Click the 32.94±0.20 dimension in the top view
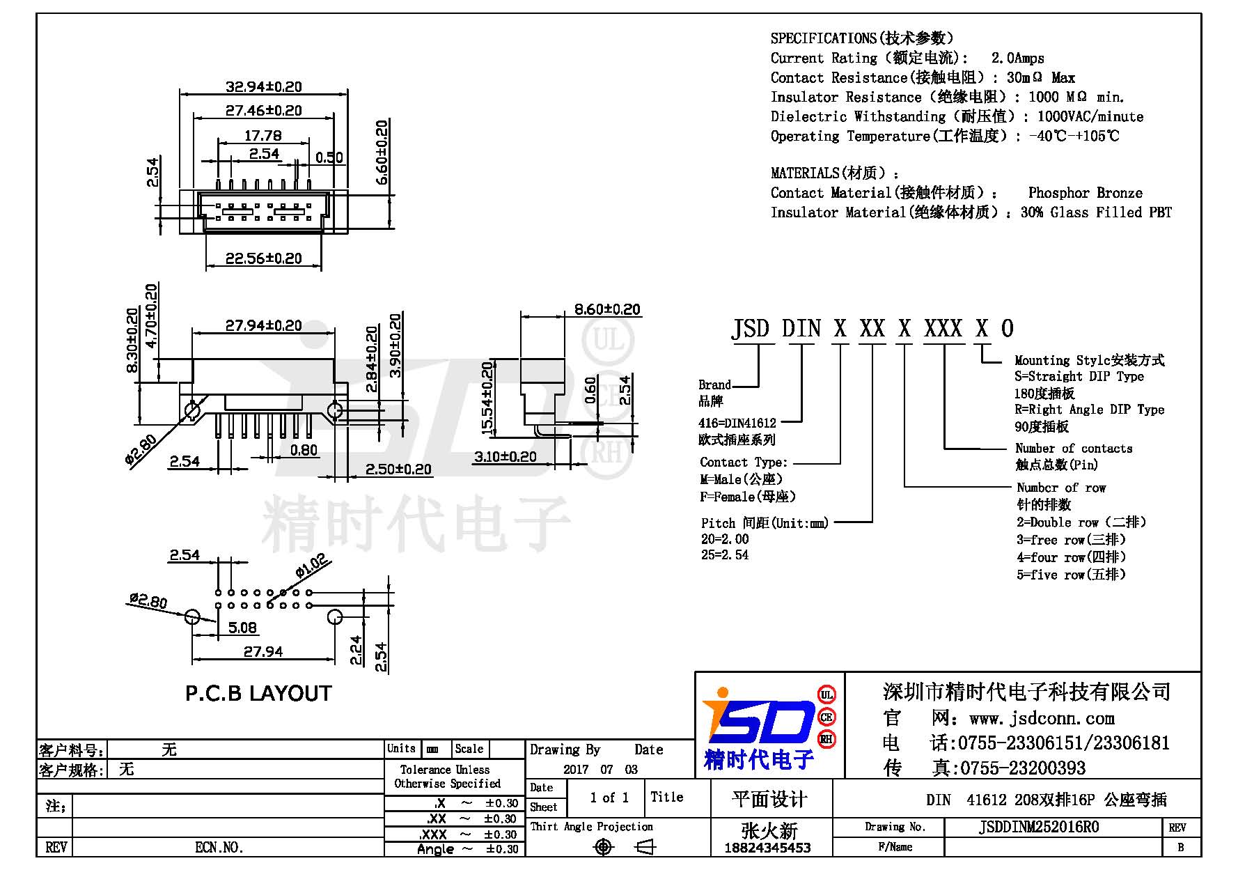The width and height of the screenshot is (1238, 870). point(263,86)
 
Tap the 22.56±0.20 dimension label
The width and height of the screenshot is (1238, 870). point(263,258)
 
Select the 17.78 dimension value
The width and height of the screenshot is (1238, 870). point(263,136)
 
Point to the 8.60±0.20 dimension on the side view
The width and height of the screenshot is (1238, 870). point(606,309)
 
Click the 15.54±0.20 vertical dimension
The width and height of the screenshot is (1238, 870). point(487,397)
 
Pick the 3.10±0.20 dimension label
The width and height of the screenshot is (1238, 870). point(506,457)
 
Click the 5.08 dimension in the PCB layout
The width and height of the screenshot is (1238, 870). point(242,628)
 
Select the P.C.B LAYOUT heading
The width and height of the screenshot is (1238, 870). point(258,693)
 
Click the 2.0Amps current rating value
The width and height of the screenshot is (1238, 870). point(1018,59)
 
